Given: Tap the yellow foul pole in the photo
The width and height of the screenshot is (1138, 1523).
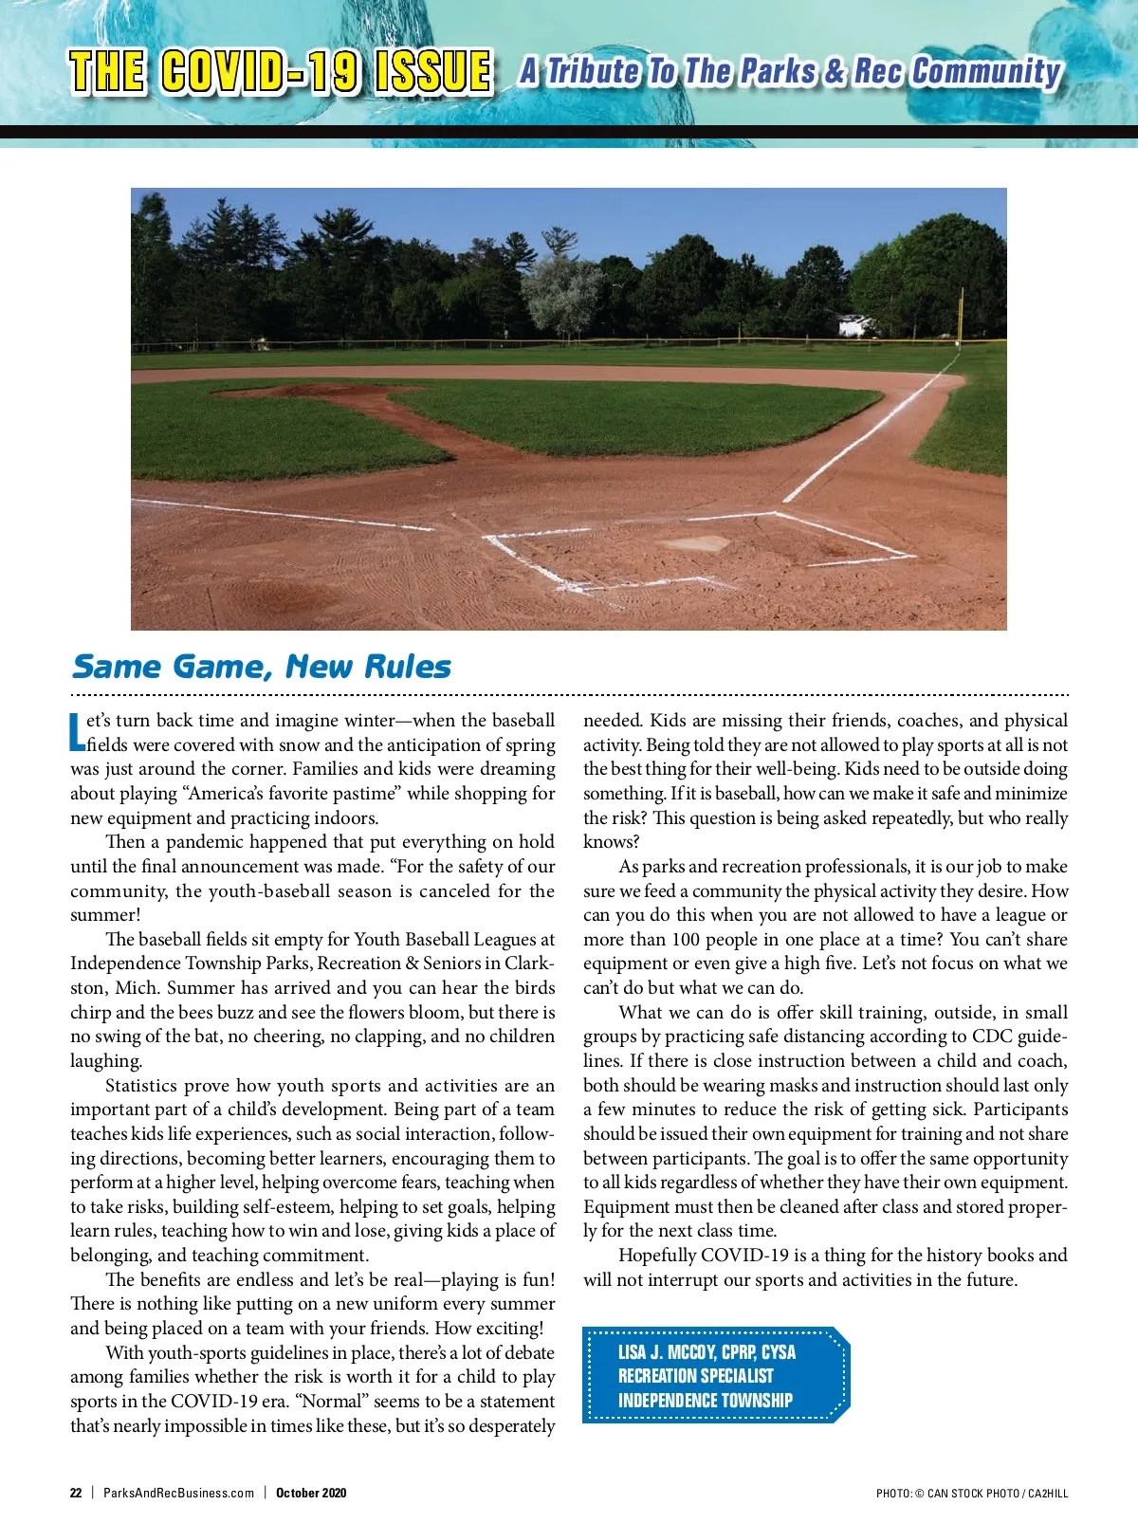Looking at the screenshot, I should (x=960, y=313).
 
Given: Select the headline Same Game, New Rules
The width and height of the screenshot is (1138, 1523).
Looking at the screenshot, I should (x=262, y=667).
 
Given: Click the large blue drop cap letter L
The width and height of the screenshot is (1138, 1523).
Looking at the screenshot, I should (x=78, y=732).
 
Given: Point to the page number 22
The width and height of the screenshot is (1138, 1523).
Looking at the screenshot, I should (x=76, y=1493).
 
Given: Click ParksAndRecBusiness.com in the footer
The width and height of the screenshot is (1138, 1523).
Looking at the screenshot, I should (x=178, y=1493).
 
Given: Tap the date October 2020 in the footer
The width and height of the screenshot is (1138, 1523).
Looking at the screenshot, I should (x=311, y=1493).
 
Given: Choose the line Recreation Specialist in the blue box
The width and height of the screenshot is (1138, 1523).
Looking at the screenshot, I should (x=696, y=1376).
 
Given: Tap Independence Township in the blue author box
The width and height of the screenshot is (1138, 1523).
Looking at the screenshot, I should (x=706, y=1401).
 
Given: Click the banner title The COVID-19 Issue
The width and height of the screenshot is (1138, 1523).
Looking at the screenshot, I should (x=281, y=72).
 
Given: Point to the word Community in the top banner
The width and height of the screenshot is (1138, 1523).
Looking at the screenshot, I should (x=986, y=71).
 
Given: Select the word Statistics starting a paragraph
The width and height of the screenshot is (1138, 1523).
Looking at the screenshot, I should (x=141, y=1086).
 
